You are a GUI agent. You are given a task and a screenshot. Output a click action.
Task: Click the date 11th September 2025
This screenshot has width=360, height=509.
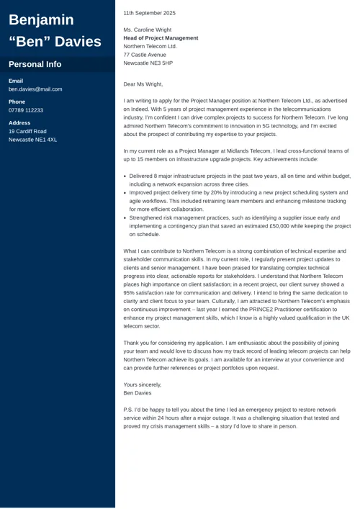pyautogui.click(x=149, y=13)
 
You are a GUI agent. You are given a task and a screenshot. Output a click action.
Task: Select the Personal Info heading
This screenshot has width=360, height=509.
pyautogui.click(x=35, y=64)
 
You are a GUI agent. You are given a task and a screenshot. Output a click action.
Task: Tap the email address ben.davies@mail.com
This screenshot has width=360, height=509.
pyautogui.click(x=35, y=89)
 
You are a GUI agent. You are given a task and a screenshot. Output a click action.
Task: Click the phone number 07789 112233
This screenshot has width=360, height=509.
pyautogui.click(x=26, y=110)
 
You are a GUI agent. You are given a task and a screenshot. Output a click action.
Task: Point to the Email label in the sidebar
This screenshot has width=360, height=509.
pyautogui.click(x=16, y=81)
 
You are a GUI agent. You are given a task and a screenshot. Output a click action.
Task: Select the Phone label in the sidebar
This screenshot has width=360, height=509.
pyautogui.click(x=17, y=102)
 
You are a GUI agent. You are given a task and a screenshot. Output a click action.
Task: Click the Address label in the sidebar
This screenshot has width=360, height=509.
pyautogui.click(x=19, y=123)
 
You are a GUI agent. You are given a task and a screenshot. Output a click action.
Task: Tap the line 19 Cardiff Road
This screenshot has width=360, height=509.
pyautogui.click(x=27, y=131)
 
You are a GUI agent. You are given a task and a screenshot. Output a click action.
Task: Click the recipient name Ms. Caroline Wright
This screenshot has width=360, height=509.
pyautogui.click(x=148, y=30)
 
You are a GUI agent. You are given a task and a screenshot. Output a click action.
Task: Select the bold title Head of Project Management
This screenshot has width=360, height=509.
pyautogui.click(x=161, y=38)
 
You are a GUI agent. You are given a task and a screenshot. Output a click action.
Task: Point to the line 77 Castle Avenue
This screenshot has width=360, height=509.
pyautogui.click(x=145, y=55)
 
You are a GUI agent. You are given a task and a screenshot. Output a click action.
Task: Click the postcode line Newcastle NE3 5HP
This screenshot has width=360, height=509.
pyautogui.click(x=148, y=63)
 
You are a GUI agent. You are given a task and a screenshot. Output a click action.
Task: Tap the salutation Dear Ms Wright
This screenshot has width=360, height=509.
pyautogui.click(x=143, y=84)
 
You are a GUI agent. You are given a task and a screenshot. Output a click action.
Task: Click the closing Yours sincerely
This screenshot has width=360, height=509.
pyautogui.click(x=143, y=384)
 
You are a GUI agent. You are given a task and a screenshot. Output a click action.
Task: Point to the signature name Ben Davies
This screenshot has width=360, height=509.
pyautogui.click(x=138, y=393)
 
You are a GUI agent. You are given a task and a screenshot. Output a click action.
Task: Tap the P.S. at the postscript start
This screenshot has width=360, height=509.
pyautogui.click(x=128, y=409)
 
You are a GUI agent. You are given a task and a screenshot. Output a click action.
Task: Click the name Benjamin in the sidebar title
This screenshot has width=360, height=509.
pyautogui.click(x=41, y=20)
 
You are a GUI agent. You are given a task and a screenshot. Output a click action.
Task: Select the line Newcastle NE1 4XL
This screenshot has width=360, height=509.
pyautogui.click(x=32, y=140)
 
